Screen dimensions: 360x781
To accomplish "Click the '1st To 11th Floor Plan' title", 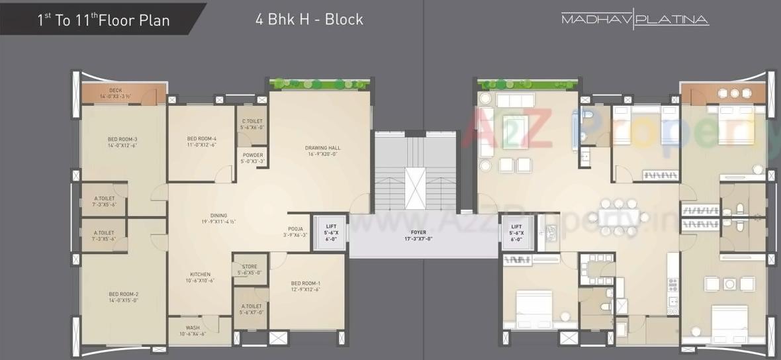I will [103, 20].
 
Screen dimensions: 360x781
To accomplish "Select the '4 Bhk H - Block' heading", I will [309, 19].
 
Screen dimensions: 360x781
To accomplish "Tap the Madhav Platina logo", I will [635, 19].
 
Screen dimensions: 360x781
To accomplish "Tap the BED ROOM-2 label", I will [123, 296].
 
